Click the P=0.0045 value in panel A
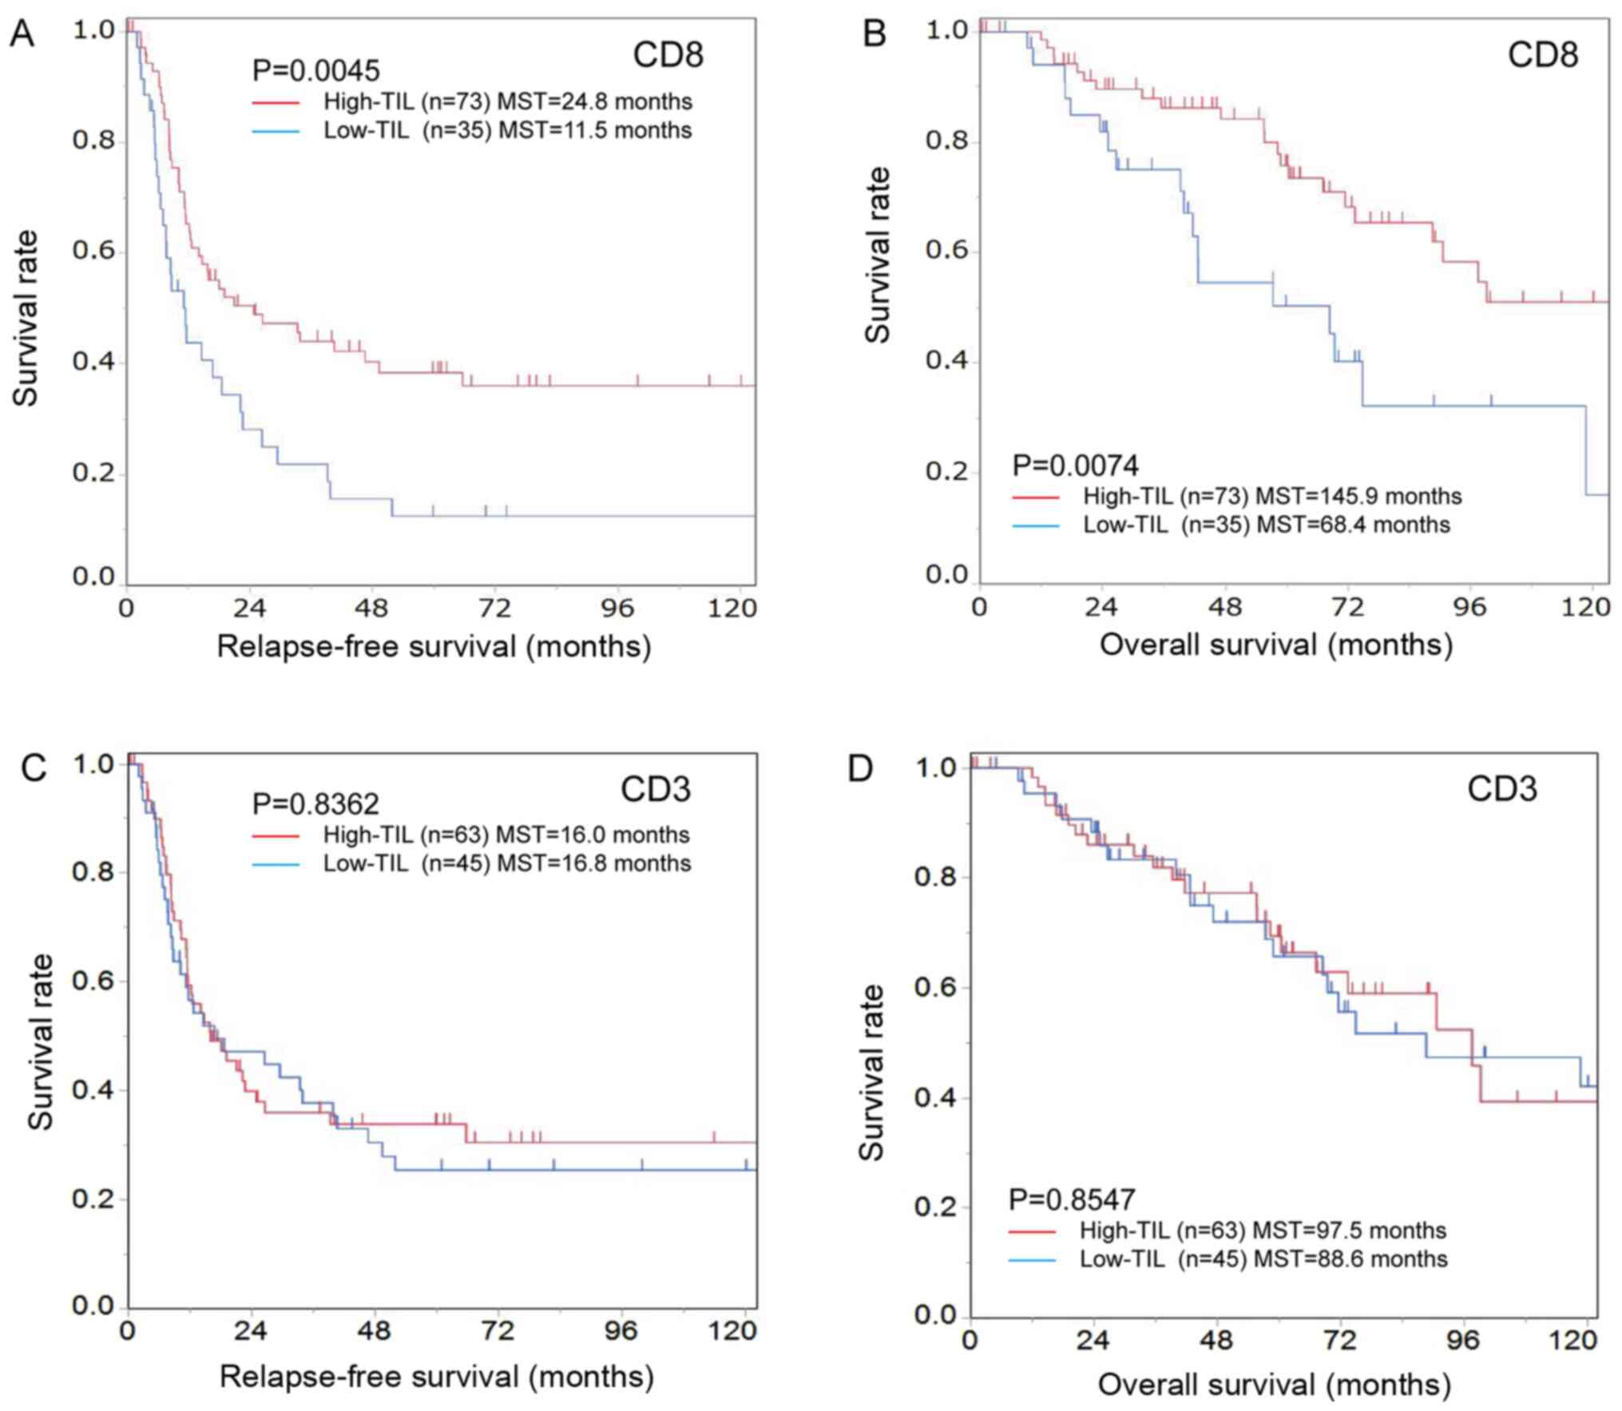coord(316,70)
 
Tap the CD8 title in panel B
coord(1542,54)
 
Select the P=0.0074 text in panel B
coord(1075,465)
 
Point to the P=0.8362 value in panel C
coord(316,803)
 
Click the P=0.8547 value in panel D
coord(1072,1199)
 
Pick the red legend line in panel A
coord(276,102)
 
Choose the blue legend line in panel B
coord(1035,525)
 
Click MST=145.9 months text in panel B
coord(1358,496)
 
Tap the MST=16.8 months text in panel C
coord(593,863)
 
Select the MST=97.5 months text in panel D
coord(1349,1230)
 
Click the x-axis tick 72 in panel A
coord(494,608)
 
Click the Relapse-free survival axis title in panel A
coord(434,646)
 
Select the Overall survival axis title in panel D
coord(1274,1384)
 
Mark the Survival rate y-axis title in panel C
coord(40,1042)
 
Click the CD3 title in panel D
coord(1501,788)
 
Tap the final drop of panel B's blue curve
coord(1586,451)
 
